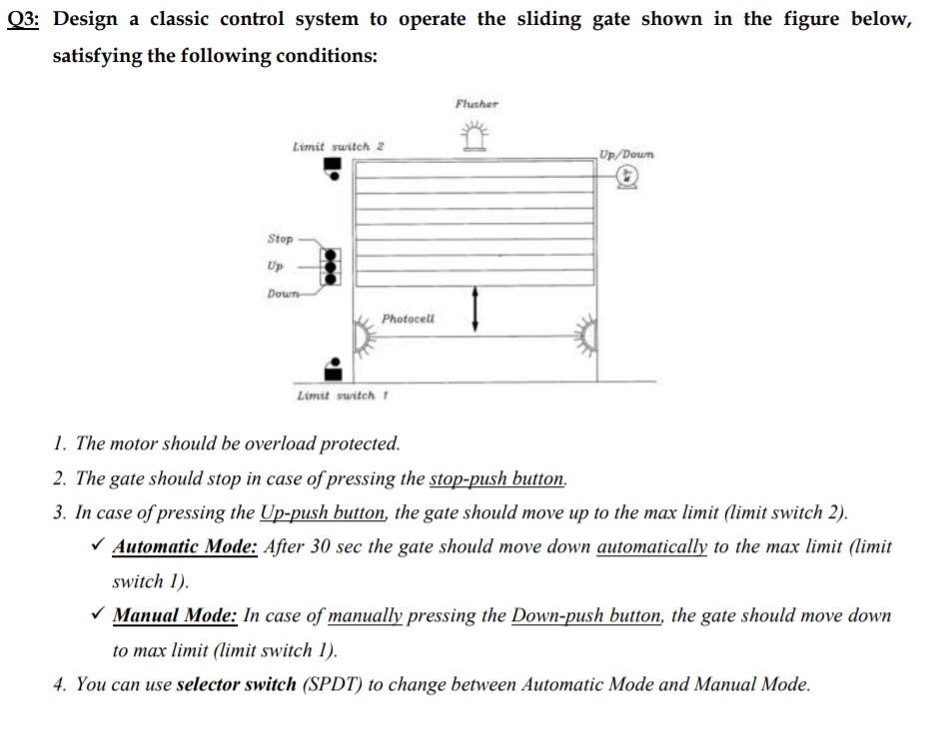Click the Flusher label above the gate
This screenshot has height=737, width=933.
click(475, 103)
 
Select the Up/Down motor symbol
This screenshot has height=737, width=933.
click(627, 177)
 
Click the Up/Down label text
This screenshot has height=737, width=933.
click(627, 154)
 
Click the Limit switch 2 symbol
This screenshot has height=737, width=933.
click(334, 173)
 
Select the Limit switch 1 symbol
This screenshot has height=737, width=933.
click(336, 368)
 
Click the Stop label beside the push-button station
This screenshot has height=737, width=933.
click(280, 239)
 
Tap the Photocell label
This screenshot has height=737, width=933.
click(409, 320)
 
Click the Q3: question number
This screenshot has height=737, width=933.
click(22, 19)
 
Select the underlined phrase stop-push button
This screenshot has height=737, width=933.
click(497, 478)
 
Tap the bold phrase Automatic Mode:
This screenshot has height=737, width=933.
click(186, 546)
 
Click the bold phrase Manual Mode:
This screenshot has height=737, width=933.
click(175, 615)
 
